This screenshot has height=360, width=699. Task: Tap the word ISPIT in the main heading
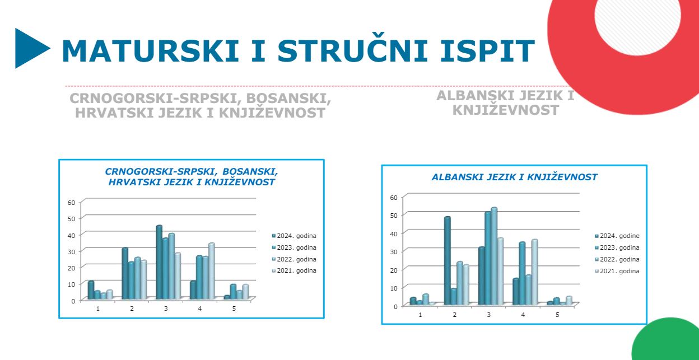(x=487, y=50)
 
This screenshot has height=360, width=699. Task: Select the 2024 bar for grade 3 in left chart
(x=159, y=262)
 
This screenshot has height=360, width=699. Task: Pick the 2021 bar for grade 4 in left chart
(x=212, y=271)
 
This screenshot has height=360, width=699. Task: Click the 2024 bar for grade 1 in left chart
(x=91, y=290)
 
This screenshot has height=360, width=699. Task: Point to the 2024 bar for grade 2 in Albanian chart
(x=448, y=261)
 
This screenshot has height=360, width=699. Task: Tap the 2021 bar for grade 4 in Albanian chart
(x=534, y=272)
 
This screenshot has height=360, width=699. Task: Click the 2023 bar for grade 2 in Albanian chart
(x=454, y=297)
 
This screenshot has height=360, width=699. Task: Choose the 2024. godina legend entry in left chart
(x=294, y=236)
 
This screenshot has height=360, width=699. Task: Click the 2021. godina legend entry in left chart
(x=294, y=271)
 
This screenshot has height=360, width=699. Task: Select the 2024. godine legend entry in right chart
(x=617, y=236)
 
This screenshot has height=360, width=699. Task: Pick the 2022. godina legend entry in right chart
(x=617, y=259)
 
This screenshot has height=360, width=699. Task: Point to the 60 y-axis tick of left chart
(x=72, y=203)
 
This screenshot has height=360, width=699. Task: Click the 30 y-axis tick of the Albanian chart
(x=394, y=252)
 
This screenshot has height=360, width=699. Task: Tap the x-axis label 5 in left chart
(x=234, y=308)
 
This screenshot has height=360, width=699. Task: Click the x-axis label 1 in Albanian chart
(x=420, y=315)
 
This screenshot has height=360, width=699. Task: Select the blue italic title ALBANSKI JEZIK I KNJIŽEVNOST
(x=514, y=177)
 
